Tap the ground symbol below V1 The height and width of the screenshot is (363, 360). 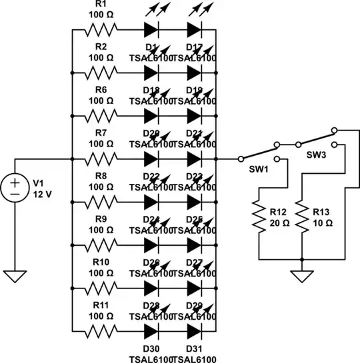(13, 274)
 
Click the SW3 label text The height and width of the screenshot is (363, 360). (316, 155)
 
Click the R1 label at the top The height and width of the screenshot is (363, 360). (102, 5)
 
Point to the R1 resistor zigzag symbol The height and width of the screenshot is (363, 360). (101, 30)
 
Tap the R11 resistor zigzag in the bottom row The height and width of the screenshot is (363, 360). (101, 332)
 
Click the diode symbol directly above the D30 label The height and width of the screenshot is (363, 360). (151, 332)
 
